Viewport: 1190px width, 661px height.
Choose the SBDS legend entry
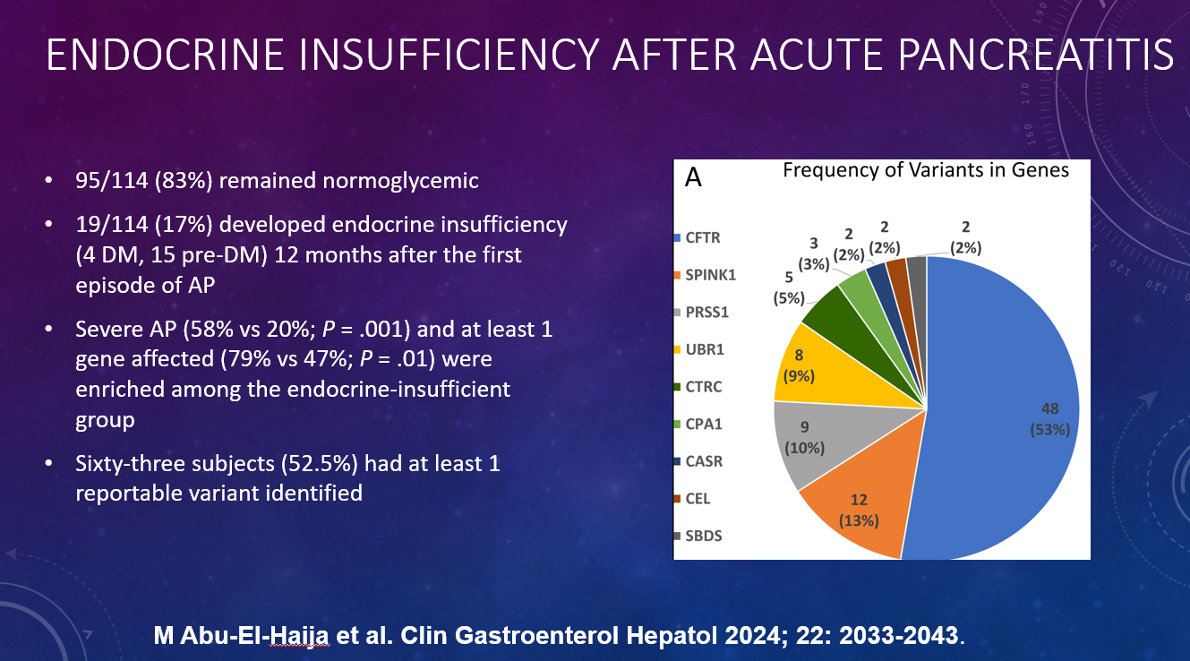702,536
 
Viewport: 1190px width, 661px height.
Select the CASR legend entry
703,461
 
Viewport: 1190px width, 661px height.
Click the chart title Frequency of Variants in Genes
926,170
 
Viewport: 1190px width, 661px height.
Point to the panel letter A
692,177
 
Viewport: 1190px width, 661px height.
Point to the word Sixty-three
125,464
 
